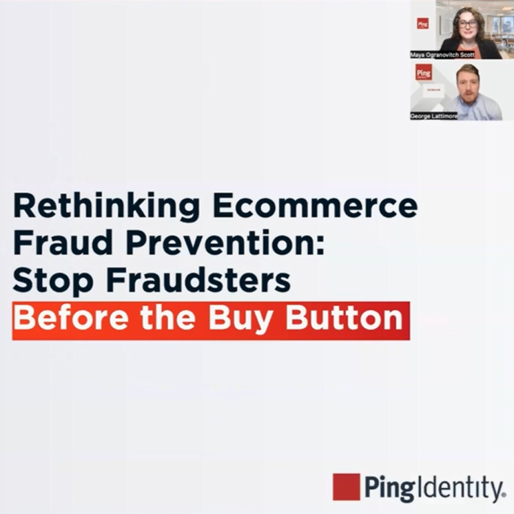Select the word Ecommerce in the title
[x=315, y=205]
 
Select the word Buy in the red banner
[x=242, y=319]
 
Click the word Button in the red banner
[x=345, y=318]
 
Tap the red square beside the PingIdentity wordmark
[x=346, y=487]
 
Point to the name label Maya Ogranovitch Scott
[x=442, y=55]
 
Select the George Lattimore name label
[x=434, y=116]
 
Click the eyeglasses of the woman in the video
[x=468, y=23]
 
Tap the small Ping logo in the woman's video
[x=423, y=23]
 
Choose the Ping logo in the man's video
[x=424, y=72]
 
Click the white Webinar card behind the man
[x=434, y=90]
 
